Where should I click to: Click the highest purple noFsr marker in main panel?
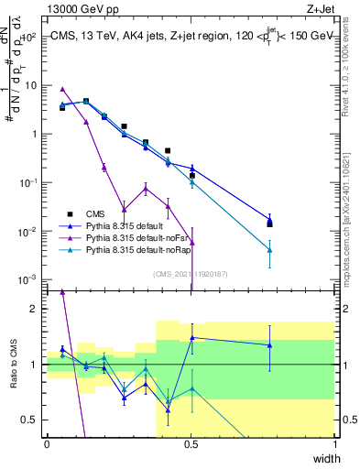point(62,89)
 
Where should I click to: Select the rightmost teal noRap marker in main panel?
point(269,249)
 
